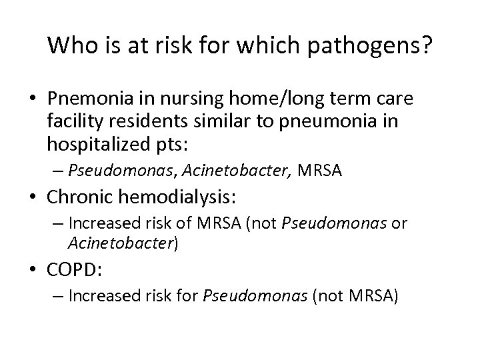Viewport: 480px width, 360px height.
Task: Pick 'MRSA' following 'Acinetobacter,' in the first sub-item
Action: point(320,172)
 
